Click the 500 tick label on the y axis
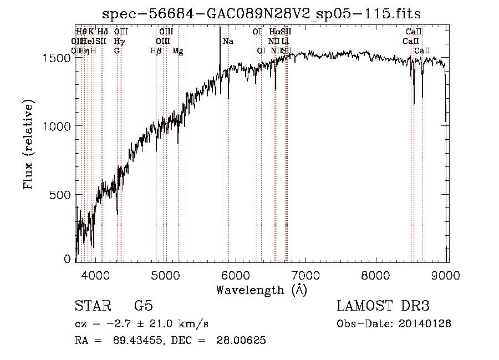click(63, 195)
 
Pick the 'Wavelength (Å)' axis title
click(261, 290)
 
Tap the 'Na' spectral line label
click(228, 42)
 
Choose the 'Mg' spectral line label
click(178, 51)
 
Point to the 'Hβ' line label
click(156, 51)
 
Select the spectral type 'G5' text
click(143, 306)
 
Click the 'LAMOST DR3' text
click(383, 306)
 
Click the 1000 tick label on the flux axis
click(59, 126)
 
